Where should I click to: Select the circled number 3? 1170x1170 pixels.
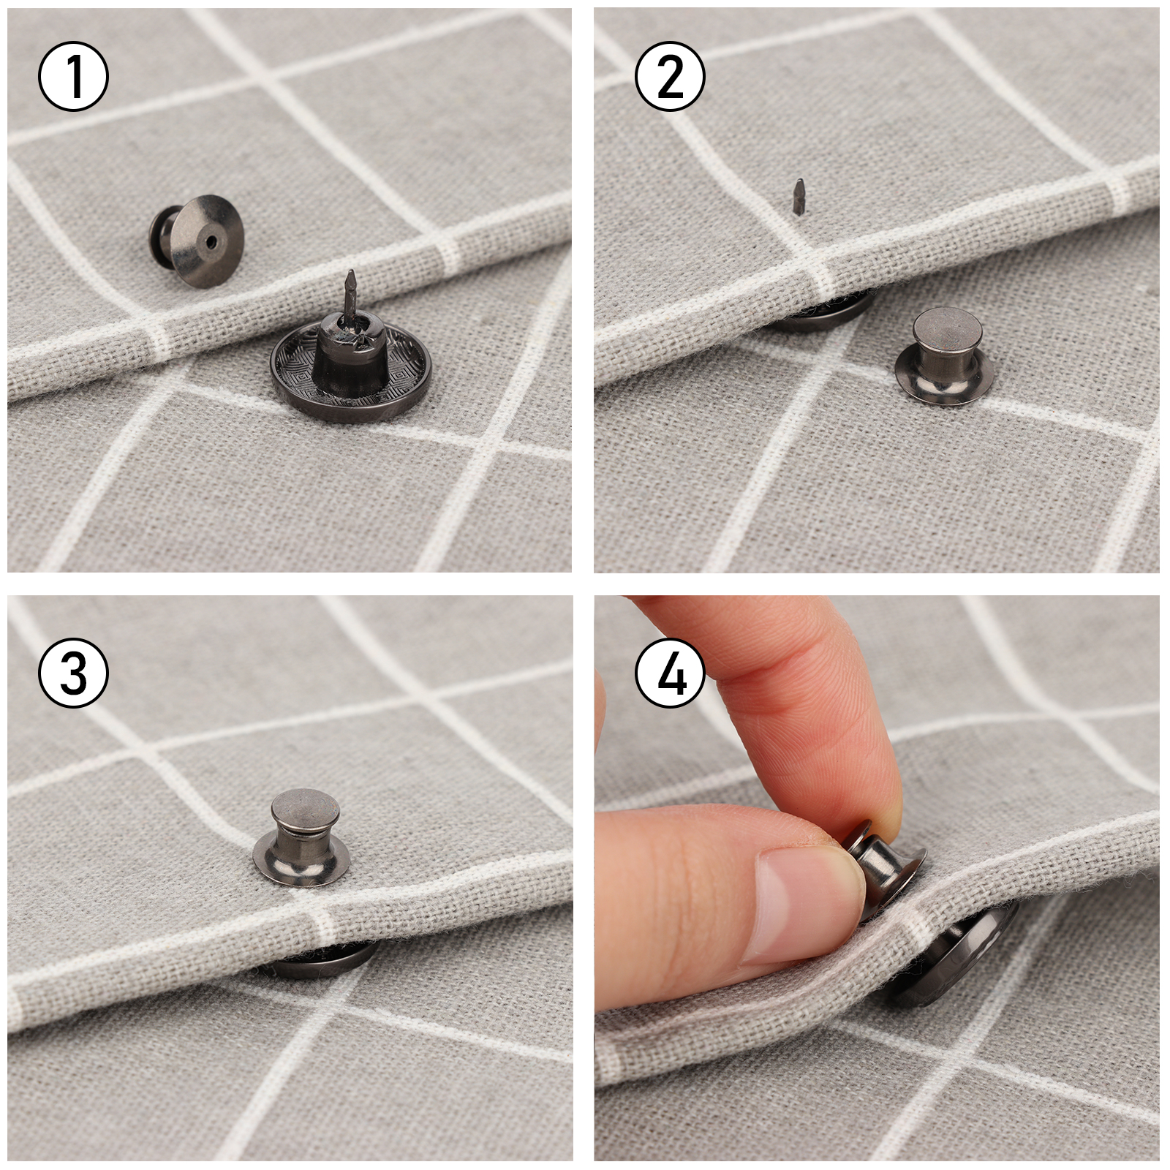[x=73, y=674]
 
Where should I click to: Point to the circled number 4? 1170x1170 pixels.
[x=671, y=674]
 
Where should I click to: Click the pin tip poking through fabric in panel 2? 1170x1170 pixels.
[x=800, y=197]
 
